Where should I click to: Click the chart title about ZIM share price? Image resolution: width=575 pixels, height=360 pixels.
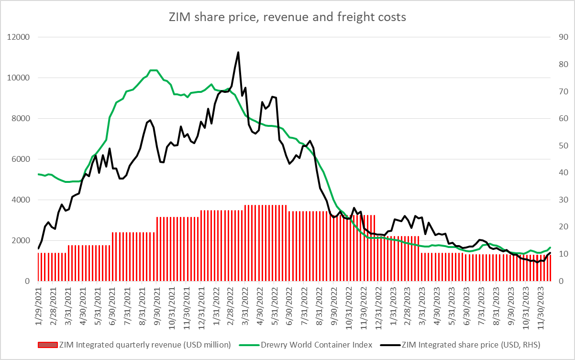pos(287,17)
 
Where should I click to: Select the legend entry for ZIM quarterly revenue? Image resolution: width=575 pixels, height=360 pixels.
pos(144,345)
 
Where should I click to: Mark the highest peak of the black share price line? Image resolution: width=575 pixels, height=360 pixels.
pos(238,52)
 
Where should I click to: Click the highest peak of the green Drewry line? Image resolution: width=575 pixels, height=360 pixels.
pos(154,70)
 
